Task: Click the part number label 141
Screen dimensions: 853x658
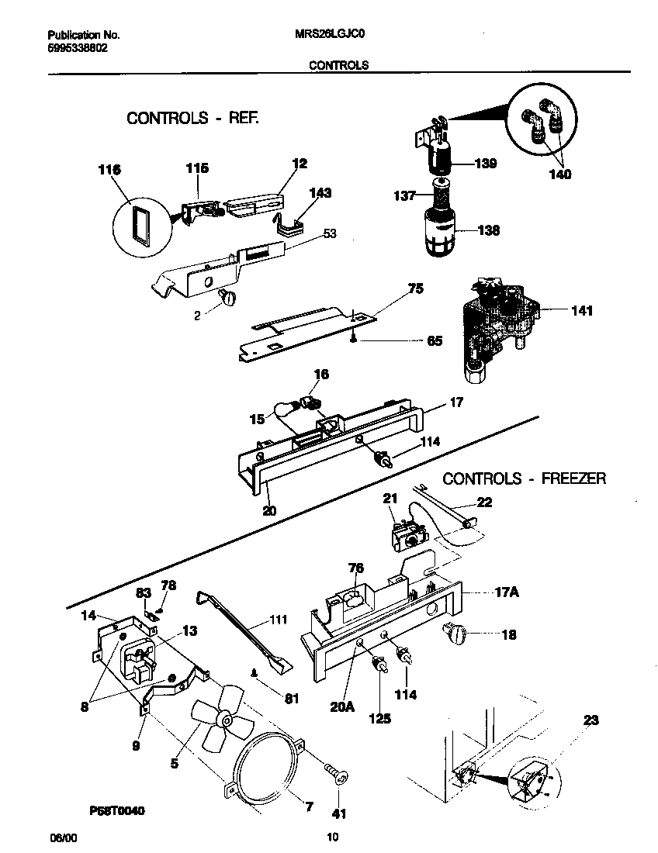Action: [580, 311]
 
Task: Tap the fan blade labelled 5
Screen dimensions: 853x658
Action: [222, 725]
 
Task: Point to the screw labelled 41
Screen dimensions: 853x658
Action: [336, 773]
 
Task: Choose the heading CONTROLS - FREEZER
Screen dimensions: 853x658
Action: [524, 478]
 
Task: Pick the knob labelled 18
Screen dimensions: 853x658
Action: [454, 634]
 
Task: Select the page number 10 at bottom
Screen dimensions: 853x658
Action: [332, 837]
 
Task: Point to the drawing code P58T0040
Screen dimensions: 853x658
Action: [116, 810]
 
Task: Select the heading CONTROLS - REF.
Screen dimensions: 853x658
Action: [192, 118]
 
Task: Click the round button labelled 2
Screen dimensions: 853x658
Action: [229, 297]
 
